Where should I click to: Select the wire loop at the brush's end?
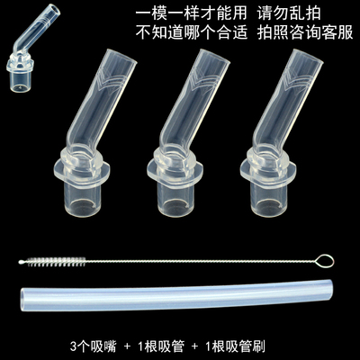tap(327, 262)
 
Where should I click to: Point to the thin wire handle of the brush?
tap(198, 261)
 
